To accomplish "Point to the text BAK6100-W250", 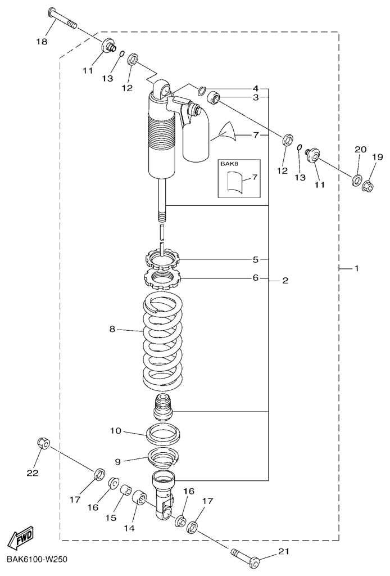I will coord(37,561).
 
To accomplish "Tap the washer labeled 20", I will coord(356,181).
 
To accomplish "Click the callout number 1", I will coord(356,269).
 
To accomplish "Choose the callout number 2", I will coord(285,280).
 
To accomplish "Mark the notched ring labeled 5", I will coord(161,260).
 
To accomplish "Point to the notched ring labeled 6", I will coord(161,277).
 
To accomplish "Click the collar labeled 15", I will coord(124,488).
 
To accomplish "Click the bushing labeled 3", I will coord(214,100).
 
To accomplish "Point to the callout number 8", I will coord(112,329).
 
